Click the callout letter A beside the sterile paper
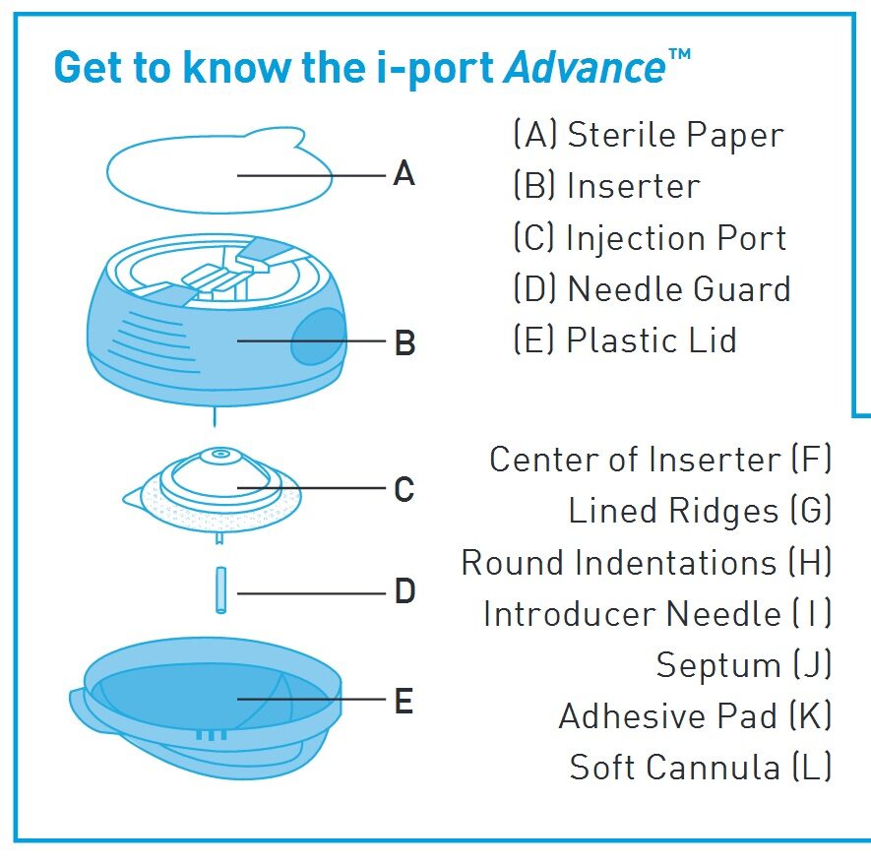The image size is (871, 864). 404,175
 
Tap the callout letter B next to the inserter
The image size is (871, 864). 404,343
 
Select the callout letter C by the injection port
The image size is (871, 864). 404,489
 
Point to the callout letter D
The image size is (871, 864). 404,592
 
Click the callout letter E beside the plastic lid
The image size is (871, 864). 404,702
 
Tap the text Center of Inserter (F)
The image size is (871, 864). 660,460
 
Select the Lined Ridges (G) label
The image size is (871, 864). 700,511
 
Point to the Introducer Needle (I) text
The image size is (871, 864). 657,614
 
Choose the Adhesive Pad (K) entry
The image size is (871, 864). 695,716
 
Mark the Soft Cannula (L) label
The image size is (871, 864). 700,768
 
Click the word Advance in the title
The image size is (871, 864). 585,67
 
